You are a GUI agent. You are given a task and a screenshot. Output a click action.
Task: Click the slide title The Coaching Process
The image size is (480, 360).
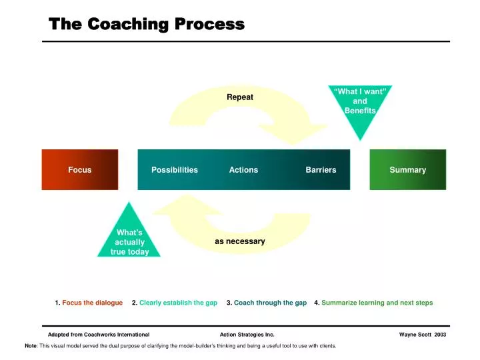point(147,25)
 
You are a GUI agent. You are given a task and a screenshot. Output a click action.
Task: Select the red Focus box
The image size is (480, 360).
point(80,170)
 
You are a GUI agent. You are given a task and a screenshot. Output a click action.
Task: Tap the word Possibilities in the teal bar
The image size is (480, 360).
point(175,170)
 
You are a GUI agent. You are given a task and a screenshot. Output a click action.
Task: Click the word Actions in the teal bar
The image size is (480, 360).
point(243,170)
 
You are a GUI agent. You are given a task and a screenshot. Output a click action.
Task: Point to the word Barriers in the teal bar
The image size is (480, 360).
point(321,170)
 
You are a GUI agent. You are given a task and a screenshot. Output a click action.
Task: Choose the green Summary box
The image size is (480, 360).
point(407,170)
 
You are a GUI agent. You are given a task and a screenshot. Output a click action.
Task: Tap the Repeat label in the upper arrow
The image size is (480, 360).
point(240,97)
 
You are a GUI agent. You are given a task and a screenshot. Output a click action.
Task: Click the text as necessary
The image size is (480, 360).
point(240,241)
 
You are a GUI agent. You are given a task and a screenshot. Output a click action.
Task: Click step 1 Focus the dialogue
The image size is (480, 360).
point(89,303)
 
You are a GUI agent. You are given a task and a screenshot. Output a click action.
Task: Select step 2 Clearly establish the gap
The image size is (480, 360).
point(175,303)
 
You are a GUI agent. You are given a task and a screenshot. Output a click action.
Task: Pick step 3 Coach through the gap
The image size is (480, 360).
point(267,303)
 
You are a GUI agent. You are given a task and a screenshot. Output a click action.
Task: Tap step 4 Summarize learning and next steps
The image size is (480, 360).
point(373,303)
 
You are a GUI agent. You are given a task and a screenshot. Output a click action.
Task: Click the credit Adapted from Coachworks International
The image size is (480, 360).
point(99,335)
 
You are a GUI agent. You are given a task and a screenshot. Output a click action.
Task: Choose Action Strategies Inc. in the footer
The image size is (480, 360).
point(247,335)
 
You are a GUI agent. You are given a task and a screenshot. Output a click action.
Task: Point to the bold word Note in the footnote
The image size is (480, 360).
point(31,346)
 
